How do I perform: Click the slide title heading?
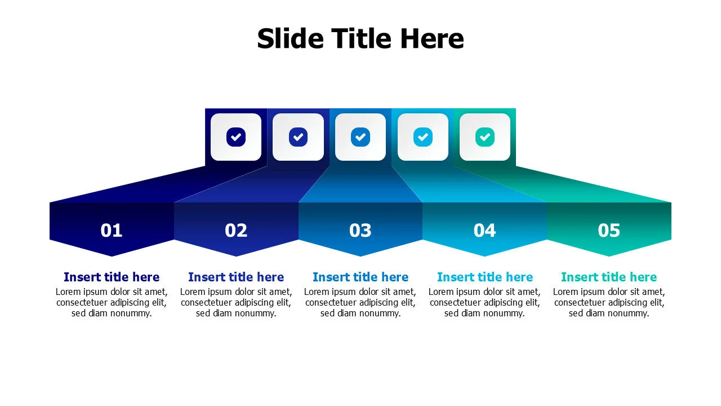360,39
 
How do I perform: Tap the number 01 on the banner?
112,230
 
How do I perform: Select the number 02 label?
236,230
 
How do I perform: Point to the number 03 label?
360,230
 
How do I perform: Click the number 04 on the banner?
484,230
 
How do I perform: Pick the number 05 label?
609,230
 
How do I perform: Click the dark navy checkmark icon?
236,136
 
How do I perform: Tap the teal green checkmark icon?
484,136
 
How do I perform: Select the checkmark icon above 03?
360,136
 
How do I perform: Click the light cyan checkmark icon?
422,136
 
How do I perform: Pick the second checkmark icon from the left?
298,136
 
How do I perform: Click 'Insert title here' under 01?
112,277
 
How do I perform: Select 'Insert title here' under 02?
236,277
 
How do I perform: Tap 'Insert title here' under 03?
360,277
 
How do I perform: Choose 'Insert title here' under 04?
484,277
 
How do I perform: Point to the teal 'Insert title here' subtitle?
609,277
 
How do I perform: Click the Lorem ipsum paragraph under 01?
112,302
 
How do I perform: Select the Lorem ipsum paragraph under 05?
609,302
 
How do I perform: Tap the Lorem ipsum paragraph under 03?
360,302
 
